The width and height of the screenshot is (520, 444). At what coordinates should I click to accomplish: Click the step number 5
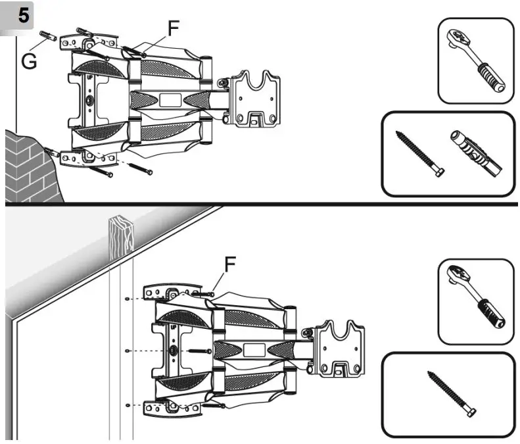pyautogui.click(x=22, y=16)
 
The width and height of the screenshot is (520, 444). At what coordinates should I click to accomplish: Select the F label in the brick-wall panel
pyautogui.click(x=174, y=28)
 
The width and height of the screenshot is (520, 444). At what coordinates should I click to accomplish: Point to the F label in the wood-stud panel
pyautogui.click(x=229, y=264)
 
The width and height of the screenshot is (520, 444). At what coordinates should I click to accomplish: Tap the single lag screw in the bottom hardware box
pyautogui.click(x=452, y=394)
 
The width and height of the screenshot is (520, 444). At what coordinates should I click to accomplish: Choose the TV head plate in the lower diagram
pyautogui.click(x=341, y=348)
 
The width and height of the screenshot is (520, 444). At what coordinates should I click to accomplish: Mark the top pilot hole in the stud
pyautogui.click(x=126, y=299)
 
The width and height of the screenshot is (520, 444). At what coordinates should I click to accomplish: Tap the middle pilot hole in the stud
pyautogui.click(x=126, y=351)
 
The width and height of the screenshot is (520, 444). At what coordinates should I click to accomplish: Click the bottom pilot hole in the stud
pyautogui.click(x=126, y=404)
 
